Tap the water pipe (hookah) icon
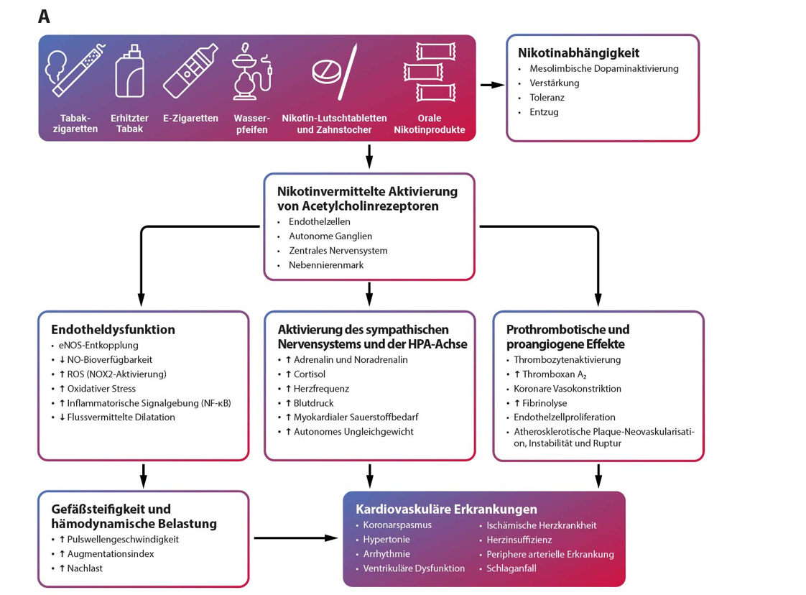pyautogui.click(x=251, y=71)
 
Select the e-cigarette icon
pyautogui.click(x=190, y=71)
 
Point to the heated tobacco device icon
pyautogui.click(x=129, y=70)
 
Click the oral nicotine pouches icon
pyautogui.click(x=430, y=72)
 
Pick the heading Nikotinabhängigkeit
pyautogui.click(x=578, y=53)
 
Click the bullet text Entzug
pyautogui.click(x=544, y=112)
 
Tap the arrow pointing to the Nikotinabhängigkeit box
pyautogui.click(x=493, y=85)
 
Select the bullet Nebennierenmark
pyautogui.click(x=326, y=265)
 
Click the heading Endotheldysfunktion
pyautogui.click(x=113, y=330)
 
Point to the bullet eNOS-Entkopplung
pyautogui.click(x=98, y=346)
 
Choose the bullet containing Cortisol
pyautogui.click(x=305, y=374)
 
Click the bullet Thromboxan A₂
pyautogui.click(x=550, y=374)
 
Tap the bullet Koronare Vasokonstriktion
pyautogui.click(x=568, y=389)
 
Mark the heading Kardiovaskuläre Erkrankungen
pyautogui.click(x=446, y=509)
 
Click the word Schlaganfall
pyautogui.click(x=511, y=568)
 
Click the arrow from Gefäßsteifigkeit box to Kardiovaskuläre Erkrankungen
pyautogui.click(x=295, y=538)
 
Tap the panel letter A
pyautogui.click(x=45, y=17)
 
